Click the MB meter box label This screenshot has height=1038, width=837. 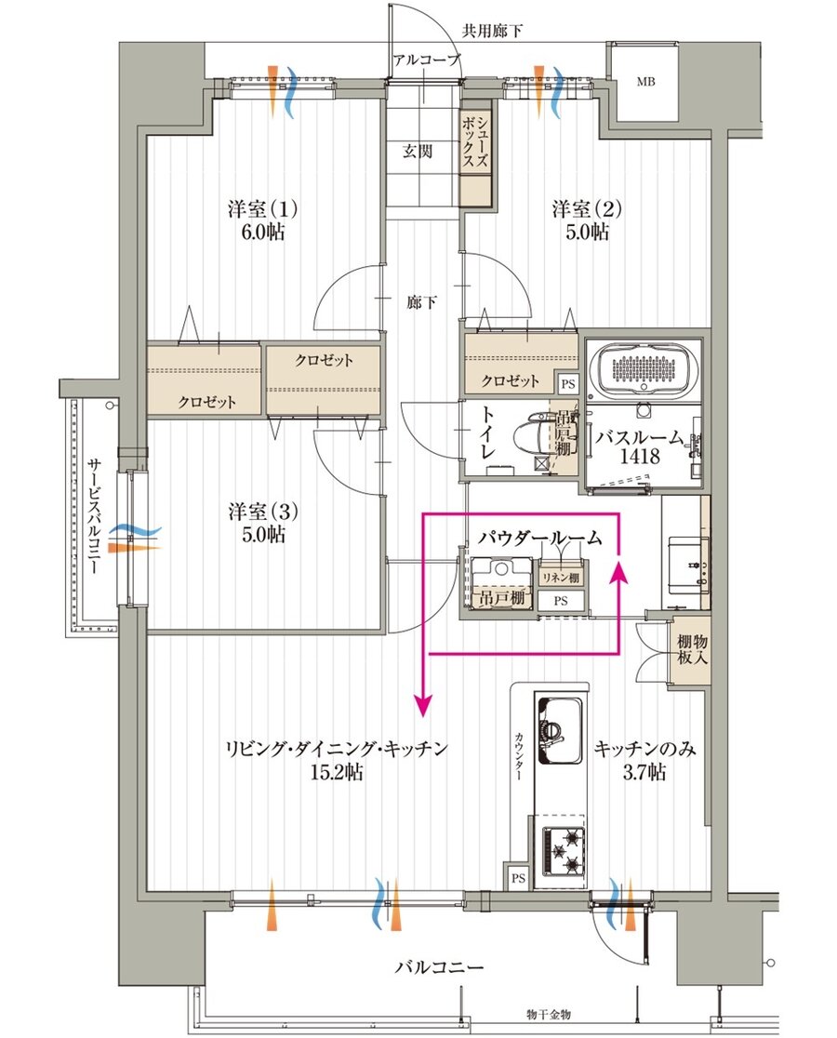(x=645, y=82)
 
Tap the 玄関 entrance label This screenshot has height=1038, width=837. (x=418, y=151)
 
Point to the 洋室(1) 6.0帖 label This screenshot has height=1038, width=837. (x=262, y=220)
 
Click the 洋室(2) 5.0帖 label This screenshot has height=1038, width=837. (x=587, y=220)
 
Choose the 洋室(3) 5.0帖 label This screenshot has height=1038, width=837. (x=263, y=523)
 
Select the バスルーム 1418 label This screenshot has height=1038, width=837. (x=639, y=446)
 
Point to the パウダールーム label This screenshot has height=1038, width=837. (x=540, y=538)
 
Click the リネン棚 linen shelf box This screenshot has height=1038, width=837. (x=561, y=578)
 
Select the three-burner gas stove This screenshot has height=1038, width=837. (x=565, y=849)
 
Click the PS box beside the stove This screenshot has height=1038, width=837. (x=519, y=878)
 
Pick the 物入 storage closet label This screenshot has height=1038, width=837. (x=692, y=649)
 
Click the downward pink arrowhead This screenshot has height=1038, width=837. (x=423, y=706)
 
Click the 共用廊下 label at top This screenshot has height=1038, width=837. (x=492, y=31)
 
